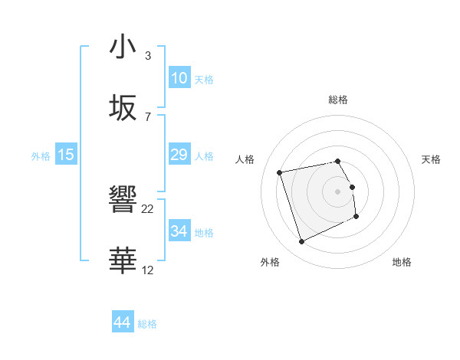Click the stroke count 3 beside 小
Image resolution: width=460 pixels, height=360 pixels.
pos(148,56)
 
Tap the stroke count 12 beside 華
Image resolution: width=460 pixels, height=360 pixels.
pos(148,270)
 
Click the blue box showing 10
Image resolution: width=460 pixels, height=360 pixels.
pos(179,77)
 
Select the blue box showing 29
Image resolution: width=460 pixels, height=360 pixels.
pos(179,155)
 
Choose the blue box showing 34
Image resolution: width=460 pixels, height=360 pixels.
pos(179,231)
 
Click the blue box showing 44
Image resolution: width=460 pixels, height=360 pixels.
pos(123,322)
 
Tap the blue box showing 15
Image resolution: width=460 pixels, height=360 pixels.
pos(66,155)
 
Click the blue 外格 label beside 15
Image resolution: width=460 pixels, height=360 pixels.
pos(41,155)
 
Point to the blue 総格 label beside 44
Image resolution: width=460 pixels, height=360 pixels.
pos(147,324)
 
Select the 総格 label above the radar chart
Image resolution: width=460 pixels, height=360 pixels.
pos(338,100)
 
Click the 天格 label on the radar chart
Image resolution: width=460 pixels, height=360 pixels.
pos(431,159)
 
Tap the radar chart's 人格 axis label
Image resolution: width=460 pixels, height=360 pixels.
pos(245,159)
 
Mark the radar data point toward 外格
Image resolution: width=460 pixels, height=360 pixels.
pos(301,242)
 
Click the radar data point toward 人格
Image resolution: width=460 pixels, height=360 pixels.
pos(280,172)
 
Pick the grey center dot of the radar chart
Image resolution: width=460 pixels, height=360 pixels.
pos(338,191)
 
